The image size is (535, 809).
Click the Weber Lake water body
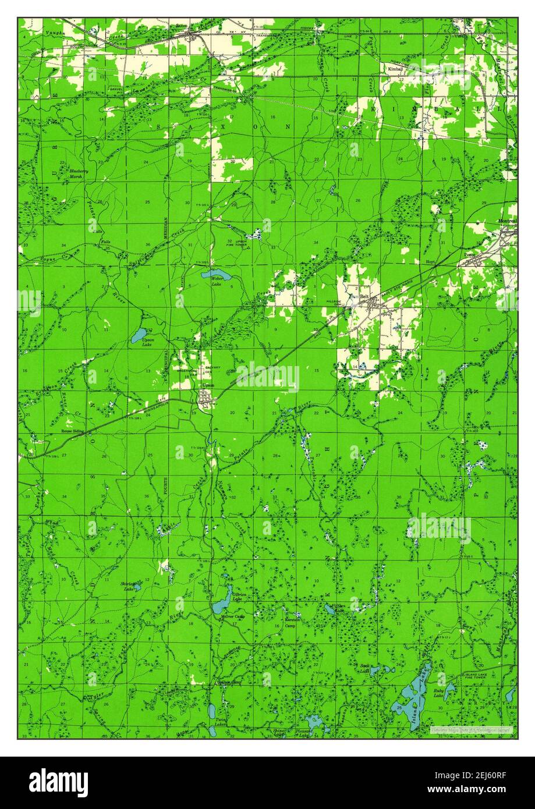click(x=213, y=274)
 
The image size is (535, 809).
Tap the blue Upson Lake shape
click(x=139, y=335)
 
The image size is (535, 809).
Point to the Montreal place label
click(x=506, y=221)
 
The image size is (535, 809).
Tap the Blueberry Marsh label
click(x=77, y=173)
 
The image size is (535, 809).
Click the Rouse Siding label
click(x=73, y=431)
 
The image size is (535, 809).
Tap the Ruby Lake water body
click(x=449, y=691)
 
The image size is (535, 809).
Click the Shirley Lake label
click(x=128, y=586)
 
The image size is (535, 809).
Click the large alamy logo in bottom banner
click(x=58, y=782)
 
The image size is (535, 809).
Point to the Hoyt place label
click(x=430, y=262)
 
